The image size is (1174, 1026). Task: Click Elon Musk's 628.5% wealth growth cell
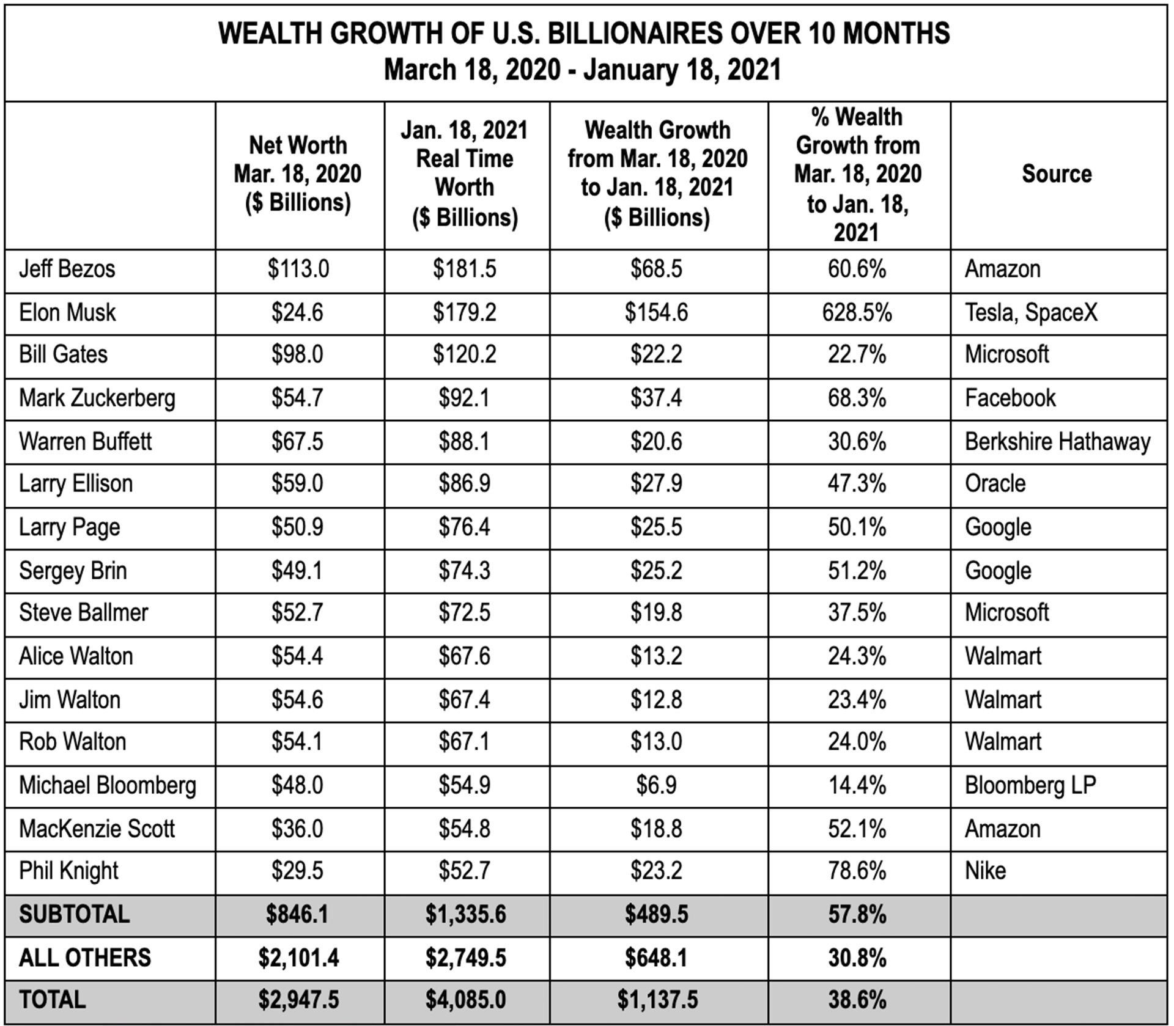point(857,313)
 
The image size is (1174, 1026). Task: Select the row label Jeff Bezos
point(67,269)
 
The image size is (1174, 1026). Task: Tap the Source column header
point(1057,174)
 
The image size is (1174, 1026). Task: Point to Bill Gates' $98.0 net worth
point(298,354)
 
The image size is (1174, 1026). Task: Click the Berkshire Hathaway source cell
point(1058,442)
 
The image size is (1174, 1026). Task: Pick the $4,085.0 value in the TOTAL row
point(466,1000)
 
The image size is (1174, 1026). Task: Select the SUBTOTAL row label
point(75,914)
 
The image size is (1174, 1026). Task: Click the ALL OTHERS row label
point(85,958)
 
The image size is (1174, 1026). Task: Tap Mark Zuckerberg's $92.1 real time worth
point(464,398)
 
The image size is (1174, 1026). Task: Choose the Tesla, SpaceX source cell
point(1032,313)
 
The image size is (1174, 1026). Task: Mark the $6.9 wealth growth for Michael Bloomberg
point(656,785)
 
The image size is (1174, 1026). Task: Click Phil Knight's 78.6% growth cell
point(857,871)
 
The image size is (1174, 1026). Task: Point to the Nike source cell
point(986,871)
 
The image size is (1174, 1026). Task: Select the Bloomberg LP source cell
point(1030,785)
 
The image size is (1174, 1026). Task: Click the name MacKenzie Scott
point(97,829)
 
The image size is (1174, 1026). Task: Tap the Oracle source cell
point(995,483)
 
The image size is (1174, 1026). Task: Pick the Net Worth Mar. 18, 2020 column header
point(298,174)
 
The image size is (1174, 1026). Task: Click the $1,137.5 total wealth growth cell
point(657,1000)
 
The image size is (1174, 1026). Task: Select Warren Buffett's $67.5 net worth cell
point(298,442)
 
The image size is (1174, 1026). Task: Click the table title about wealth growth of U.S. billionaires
point(585,51)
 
